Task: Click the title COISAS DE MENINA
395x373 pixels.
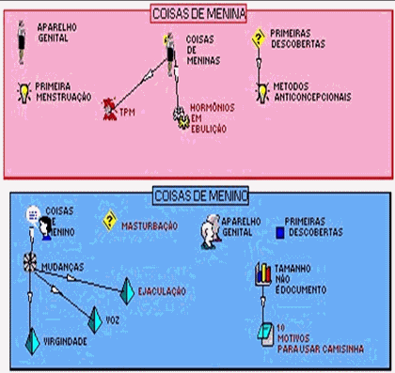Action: [197, 14]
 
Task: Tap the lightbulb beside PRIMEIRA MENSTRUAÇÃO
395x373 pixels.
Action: [23, 91]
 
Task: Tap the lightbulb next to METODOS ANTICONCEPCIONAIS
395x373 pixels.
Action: [261, 92]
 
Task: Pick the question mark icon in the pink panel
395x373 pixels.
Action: [260, 39]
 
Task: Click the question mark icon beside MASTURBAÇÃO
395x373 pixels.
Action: [109, 222]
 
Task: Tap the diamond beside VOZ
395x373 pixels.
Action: [93, 320]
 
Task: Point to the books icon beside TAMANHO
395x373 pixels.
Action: [264, 273]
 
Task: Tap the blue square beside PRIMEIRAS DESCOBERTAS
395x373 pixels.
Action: [279, 232]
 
